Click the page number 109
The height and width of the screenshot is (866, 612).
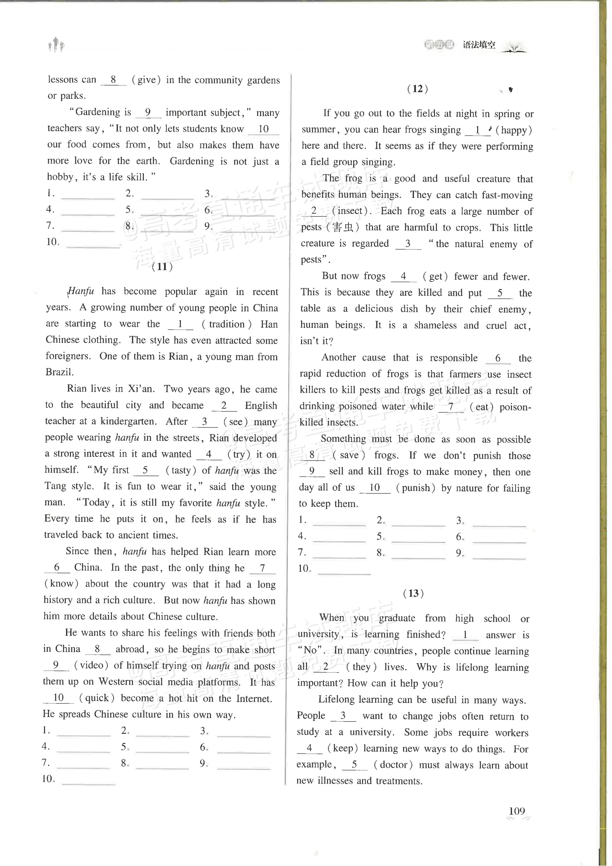click(x=517, y=822)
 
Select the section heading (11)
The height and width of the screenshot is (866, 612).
click(x=162, y=267)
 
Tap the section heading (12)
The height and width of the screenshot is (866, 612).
click(x=418, y=89)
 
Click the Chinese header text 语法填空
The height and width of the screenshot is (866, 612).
click(x=479, y=45)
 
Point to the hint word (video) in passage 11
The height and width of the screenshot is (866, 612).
click(x=92, y=665)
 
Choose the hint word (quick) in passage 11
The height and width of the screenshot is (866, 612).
click(x=97, y=698)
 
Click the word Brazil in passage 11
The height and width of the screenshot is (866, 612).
click(x=59, y=372)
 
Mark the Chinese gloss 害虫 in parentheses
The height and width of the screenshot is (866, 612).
click(x=343, y=227)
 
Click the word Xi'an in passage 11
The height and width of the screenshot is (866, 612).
click(x=139, y=389)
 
